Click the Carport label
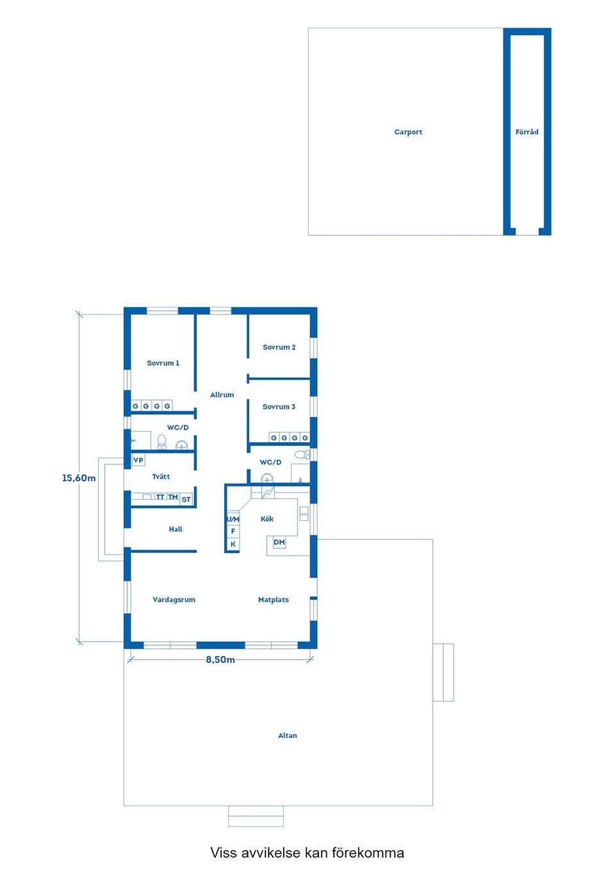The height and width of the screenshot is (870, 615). (408, 132)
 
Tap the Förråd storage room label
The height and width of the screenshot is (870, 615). (527, 132)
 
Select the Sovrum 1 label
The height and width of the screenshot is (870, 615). (163, 363)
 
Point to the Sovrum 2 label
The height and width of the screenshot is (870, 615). (279, 347)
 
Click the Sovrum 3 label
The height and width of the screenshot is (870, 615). (279, 407)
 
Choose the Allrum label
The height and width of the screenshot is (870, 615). (222, 395)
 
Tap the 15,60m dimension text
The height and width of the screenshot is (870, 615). (79, 478)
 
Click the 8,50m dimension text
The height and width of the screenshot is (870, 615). (220, 659)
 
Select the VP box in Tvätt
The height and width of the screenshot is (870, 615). (138, 460)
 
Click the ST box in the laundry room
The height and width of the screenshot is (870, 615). (186, 499)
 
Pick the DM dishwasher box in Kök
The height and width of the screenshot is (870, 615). (279, 542)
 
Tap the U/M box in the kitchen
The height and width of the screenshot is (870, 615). (233, 519)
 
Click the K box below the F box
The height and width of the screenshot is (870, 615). (233, 544)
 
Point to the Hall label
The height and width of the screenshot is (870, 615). (176, 529)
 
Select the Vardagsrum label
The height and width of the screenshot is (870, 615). (174, 600)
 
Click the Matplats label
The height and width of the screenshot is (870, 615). (274, 600)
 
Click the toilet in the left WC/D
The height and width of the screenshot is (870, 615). (162, 441)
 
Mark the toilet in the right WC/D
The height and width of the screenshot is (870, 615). (302, 454)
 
